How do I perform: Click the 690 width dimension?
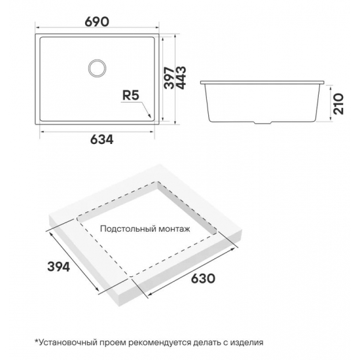[x=97, y=22]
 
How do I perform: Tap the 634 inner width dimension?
[x=101, y=139]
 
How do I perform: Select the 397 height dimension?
[x=170, y=78]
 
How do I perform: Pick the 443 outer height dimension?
[x=181, y=78]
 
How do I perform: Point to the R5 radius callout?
[x=131, y=96]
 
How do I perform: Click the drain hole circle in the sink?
[x=97, y=68]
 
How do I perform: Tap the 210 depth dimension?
[x=338, y=104]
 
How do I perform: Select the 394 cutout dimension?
[x=58, y=267]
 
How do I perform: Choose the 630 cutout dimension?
[x=203, y=278]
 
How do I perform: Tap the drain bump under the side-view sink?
[x=262, y=123]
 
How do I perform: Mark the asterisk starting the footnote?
[x=36, y=341]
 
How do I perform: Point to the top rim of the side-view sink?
[x=262, y=82]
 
